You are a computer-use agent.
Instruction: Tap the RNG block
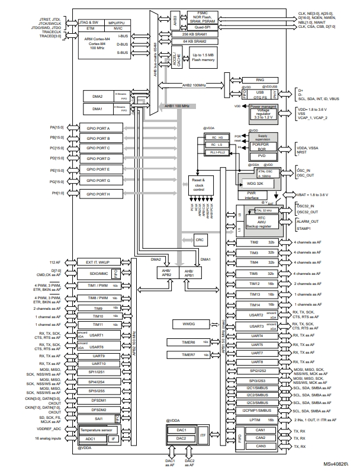click(259, 80)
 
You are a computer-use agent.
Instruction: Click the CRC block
click(200, 239)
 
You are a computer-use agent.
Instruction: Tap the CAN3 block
click(260, 446)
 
